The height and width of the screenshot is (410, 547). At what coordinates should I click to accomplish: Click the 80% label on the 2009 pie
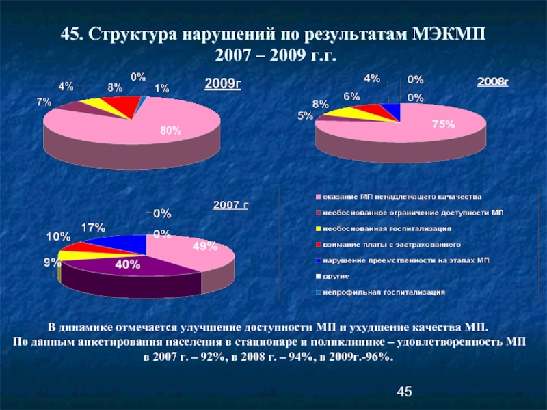170,131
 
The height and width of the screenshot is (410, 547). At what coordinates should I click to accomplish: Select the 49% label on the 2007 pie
204,247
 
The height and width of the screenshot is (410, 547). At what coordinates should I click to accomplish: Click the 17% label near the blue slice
93,227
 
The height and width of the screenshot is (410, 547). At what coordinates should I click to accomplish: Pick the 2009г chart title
224,84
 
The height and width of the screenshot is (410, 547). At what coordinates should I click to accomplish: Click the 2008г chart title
493,82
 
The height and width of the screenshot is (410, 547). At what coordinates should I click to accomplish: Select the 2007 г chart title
230,204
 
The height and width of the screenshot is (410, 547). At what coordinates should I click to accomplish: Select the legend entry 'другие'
336,276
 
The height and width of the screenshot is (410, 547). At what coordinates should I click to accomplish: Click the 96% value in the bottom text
379,357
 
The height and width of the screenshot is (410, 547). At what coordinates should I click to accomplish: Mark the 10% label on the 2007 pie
58,236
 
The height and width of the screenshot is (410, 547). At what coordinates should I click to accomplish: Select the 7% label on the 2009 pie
44,101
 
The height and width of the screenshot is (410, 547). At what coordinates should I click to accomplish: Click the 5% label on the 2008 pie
304,116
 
